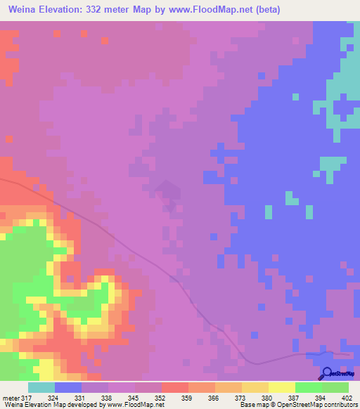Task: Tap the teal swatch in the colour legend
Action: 41,387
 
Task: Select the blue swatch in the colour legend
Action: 68,387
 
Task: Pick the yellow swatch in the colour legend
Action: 282,387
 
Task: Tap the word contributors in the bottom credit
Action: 339,405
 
